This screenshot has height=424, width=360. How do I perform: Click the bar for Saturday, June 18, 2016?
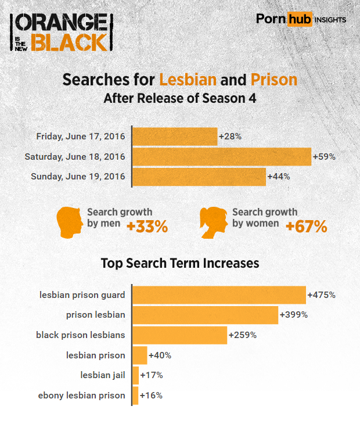pyautogui.click(x=222, y=157)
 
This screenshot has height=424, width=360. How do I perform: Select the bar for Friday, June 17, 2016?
pyautogui.click(x=175, y=137)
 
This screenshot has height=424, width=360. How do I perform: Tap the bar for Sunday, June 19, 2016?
pyautogui.click(x=199, y=177)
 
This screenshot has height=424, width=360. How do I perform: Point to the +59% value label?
pyautogui.click(x=324, y=157)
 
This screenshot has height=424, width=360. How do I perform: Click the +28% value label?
pyautogui.click(x=230, y=137)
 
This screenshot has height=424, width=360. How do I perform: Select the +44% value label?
pyautogui.click(x=278, y=177)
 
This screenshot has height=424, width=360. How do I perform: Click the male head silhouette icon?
pyautogui.click(x=69, y=222)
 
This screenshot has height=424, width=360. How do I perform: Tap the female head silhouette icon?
pyautogui.click(x=213, y=222)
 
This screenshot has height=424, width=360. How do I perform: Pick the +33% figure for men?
pyautogui.click(x=147, y=227)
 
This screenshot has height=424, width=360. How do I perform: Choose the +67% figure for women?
pyautogui.click(x=306, y=227)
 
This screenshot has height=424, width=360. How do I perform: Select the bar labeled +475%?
pyautogui.click(x=219, y=295)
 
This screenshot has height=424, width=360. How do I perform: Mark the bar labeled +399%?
pyautogui.click(x=206, y=315)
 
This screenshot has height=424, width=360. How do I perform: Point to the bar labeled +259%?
pyautogui.click(x=180, y=335)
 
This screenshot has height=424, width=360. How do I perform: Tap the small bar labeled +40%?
pyautogui.click(x=140, y=355)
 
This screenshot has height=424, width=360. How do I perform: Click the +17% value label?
pyautogui.click(x=152, y=375)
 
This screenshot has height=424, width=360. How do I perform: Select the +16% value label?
pyautogui.click(x=151, y=396)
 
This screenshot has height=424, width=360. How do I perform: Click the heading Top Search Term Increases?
pyautogui.click(x=180, y=263)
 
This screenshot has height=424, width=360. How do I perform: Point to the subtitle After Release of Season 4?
pyautogui.click(x=180, y=98)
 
